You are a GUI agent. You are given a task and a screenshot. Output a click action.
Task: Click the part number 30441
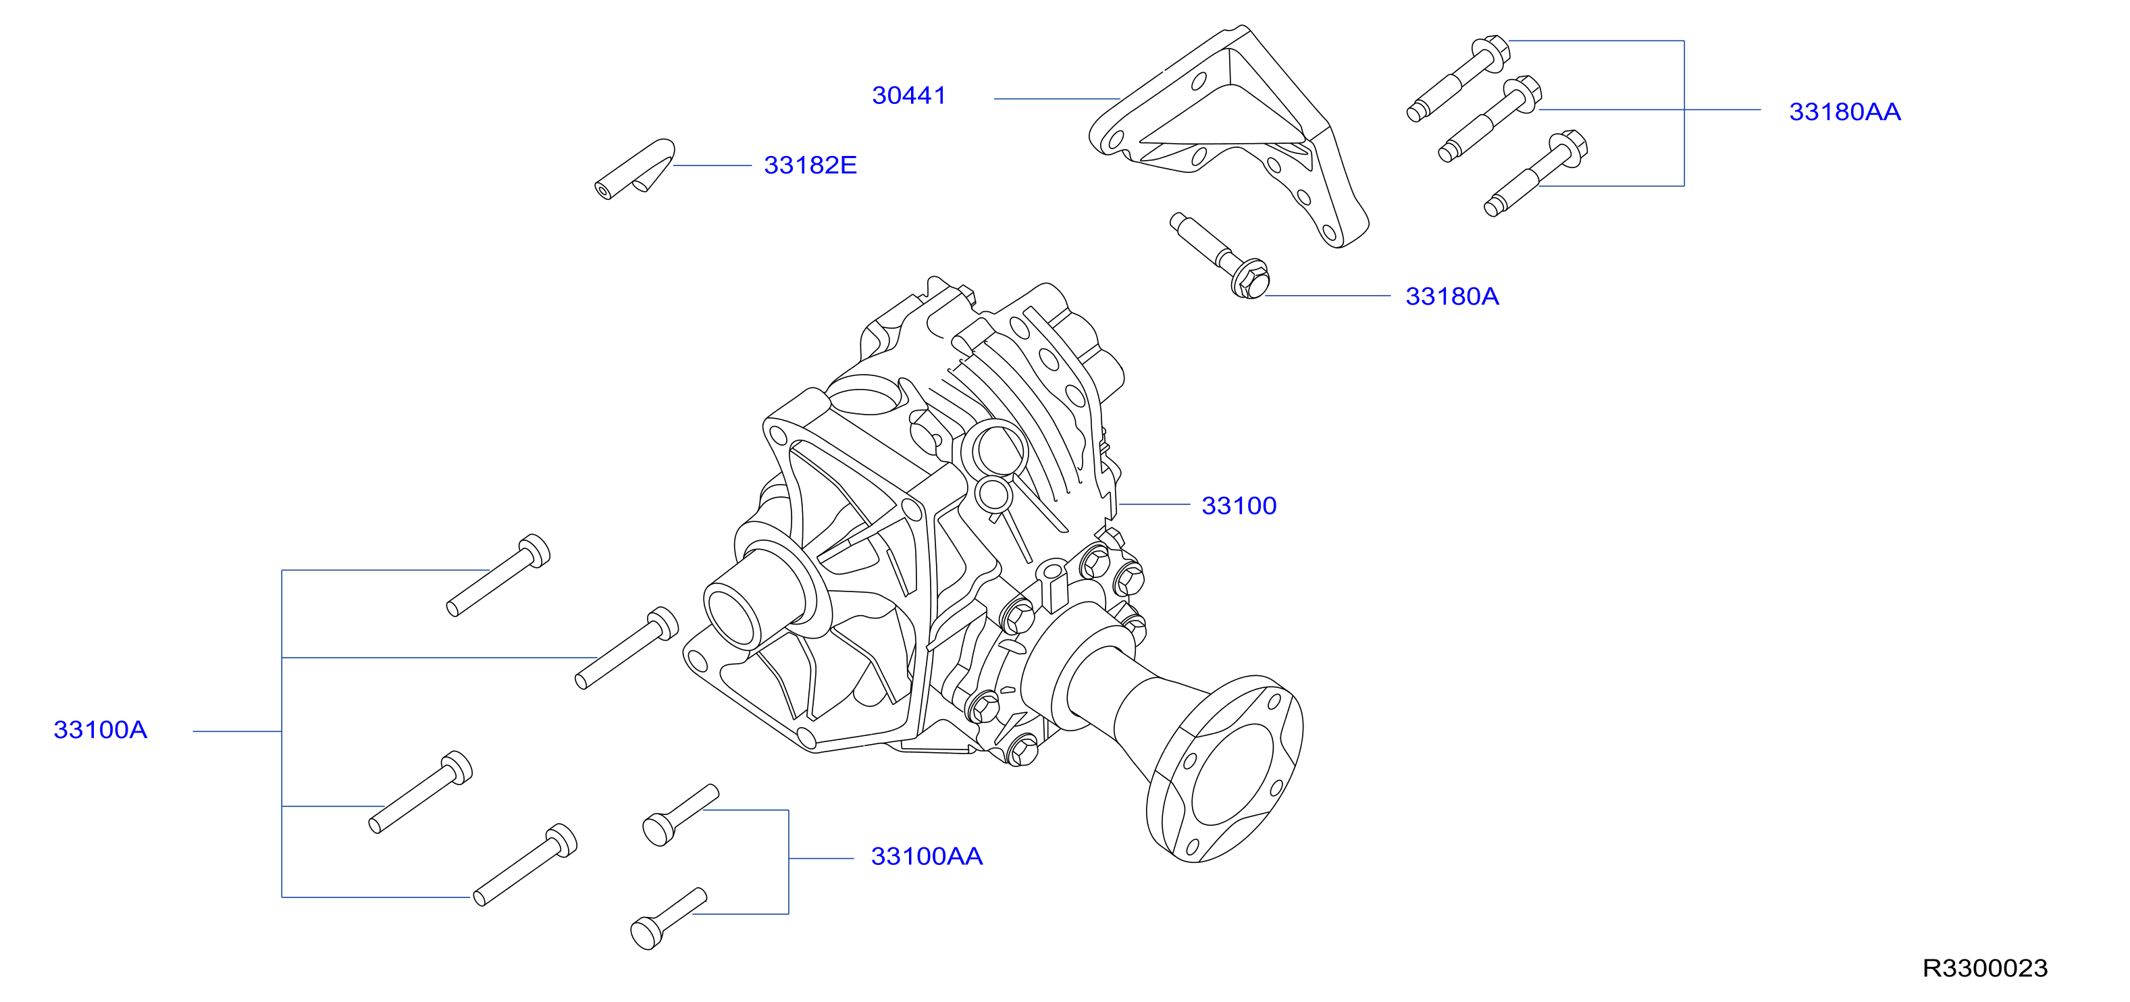click(x=909, y=96)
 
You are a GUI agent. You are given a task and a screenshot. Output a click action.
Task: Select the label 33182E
click(x=810, y=165)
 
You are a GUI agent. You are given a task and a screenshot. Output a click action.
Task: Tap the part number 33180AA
click(x=1845, y=111)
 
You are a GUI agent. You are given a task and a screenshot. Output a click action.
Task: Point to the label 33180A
click(x=1452, y=296)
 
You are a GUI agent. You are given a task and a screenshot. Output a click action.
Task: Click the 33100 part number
click(x=1239, y=505)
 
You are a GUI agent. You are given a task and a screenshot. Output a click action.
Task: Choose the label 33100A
click(x=100, y=729)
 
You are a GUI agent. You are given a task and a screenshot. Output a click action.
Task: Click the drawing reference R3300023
click(x=1985, y=968)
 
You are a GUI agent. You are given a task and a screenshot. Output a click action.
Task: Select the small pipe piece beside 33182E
click(x=635, y=169)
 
